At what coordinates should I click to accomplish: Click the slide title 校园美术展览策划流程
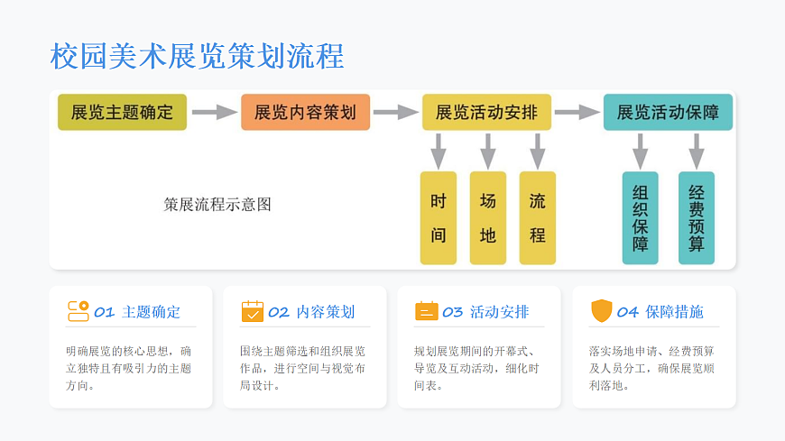pos(197,56)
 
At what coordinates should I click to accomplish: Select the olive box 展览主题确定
pos(122,113)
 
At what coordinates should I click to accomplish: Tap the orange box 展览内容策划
pos(305,113)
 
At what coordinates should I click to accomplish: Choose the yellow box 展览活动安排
pos(486,113)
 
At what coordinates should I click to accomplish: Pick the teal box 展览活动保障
pos(668,113)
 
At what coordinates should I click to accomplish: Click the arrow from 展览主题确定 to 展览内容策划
pos(214,113)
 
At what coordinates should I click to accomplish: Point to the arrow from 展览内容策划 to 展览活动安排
pos(395,113)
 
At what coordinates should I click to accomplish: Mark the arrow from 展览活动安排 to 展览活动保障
pos(577,113)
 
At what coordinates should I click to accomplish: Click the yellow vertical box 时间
pos(439,217)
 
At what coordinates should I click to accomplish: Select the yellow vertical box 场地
pos(488,217)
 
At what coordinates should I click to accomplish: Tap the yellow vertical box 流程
pos(538,217)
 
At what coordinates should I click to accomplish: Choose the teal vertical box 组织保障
pos(641,217)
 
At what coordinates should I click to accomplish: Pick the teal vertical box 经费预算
pos(697,217)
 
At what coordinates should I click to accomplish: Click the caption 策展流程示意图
pos(217,205)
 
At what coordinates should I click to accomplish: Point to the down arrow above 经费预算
pos(696,150)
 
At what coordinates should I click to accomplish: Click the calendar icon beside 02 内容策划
pos(253,311)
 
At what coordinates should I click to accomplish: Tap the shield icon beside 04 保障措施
pos(601,311)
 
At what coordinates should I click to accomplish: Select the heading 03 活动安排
pos(485,312)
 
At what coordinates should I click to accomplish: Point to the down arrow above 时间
pos(439,150)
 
